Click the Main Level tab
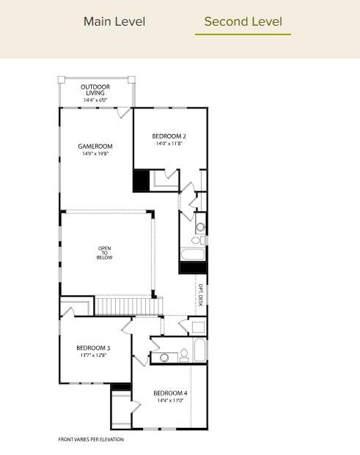point(114,21)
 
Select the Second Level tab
point(243,21)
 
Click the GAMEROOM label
point(95,147)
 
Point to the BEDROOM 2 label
point(169,136)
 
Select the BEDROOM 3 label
point(93,347)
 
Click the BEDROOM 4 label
point(170,393)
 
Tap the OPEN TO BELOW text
point(104,253)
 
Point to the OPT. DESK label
point(200,295)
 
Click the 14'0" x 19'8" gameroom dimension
point(95,154)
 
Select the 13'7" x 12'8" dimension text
point(93,355)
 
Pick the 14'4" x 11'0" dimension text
point(170,401)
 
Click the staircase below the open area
point(122,305)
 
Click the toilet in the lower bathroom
point(183,355)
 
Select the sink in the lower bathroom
point(164,358)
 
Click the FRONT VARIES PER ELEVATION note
point(91,440)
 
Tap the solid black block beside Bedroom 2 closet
point(141,180)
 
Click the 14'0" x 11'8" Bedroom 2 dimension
point(169,144)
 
